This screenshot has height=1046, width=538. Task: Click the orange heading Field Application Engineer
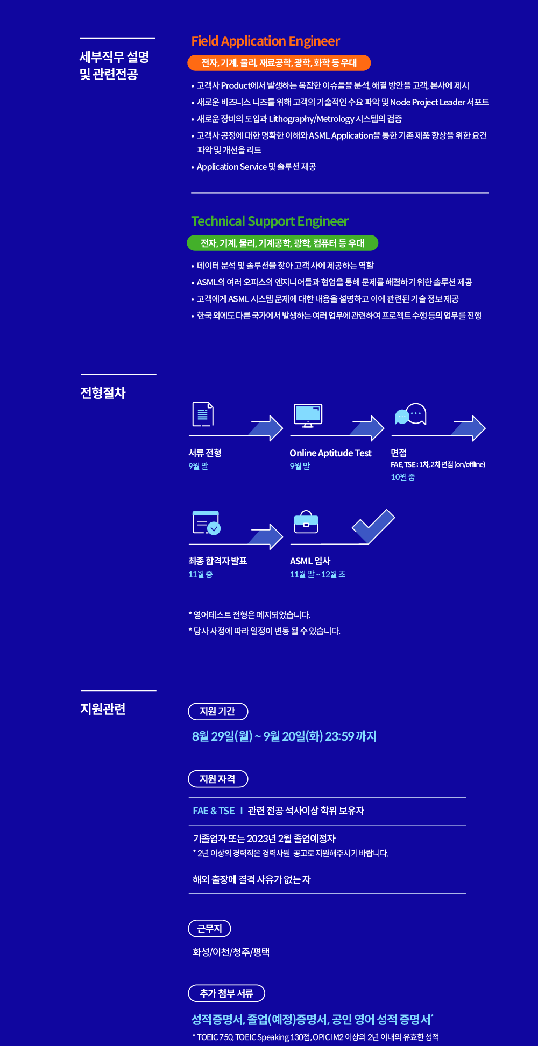click(x=265, y=41)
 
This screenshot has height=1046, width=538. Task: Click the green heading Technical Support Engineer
click(x=270, y=221)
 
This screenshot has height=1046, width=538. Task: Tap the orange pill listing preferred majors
click(x=279, y=63)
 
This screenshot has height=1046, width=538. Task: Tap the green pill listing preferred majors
click(x=282, y=243)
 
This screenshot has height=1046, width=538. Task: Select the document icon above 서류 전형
click(x=203, y=414)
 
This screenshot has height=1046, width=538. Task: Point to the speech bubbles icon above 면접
click(x=410, y=414)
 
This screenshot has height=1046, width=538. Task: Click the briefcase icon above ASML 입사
click(x=306, y=522)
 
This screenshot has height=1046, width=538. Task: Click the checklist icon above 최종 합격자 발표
click(x=206, y=522)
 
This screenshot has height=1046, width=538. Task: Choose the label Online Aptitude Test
click(x=330, y=453)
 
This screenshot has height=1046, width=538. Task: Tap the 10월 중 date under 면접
click(x=402, y=477)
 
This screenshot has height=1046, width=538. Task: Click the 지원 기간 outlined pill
click(x=218, y=711)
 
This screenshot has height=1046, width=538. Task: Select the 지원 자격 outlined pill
click(x=218, y=779)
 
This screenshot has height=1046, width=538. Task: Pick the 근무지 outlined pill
click(x=209, y=928)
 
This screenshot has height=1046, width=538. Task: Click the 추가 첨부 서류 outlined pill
click(x=226, y=993)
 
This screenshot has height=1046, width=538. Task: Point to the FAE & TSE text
click(x=214, y=811)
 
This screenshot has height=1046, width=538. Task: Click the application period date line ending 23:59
click(x=284, y=736)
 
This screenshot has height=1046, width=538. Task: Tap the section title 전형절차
click(x=103, y=393)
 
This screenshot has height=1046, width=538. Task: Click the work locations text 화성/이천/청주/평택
click(x=231, y=952)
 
